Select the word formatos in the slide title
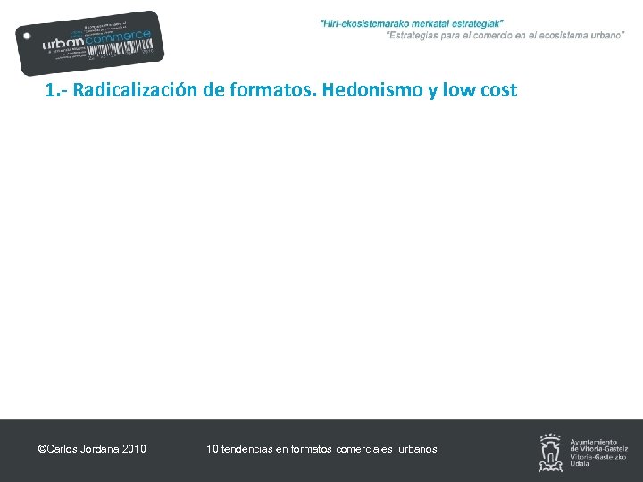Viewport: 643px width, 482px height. (266, 91)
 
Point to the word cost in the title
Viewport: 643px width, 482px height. (498, 91)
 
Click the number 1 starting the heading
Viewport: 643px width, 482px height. (50, 91)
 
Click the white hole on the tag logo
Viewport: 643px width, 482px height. (28, 37)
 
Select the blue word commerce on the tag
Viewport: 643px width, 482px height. (124, 37)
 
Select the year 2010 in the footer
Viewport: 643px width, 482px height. (133, 449)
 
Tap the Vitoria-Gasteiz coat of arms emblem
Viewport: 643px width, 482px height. (550, 452)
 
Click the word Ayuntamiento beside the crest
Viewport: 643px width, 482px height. (593, 442)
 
